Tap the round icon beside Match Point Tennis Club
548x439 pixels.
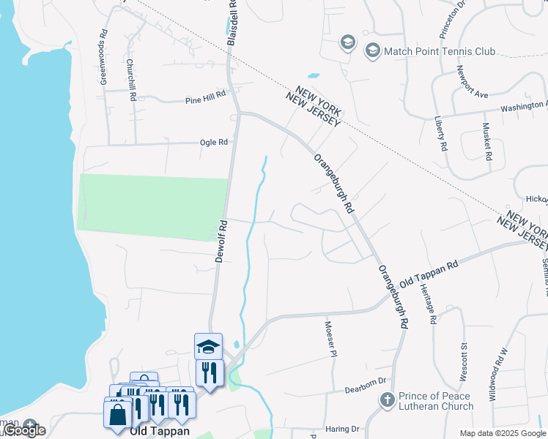click(372, 50)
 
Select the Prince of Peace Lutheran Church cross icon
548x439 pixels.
click(387, 400)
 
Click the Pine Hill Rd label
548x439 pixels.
click(206, 100)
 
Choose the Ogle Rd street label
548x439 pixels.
click(214, 142)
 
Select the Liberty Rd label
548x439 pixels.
click(440, 132)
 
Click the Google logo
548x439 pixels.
click(24, 431)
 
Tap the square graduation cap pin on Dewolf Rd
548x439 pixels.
click(208, 345)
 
